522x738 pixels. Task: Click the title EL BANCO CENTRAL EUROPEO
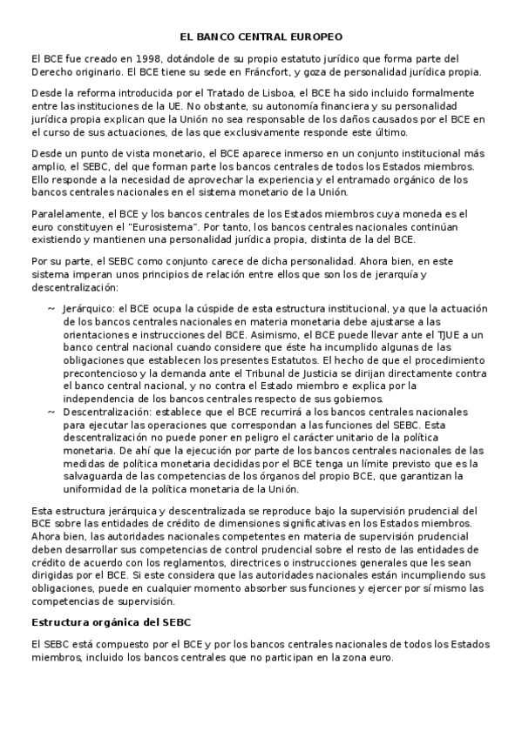pyautogui.click(x=261, y=37)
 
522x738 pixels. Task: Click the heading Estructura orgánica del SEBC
pyautogui.click(x=111, y=622)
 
